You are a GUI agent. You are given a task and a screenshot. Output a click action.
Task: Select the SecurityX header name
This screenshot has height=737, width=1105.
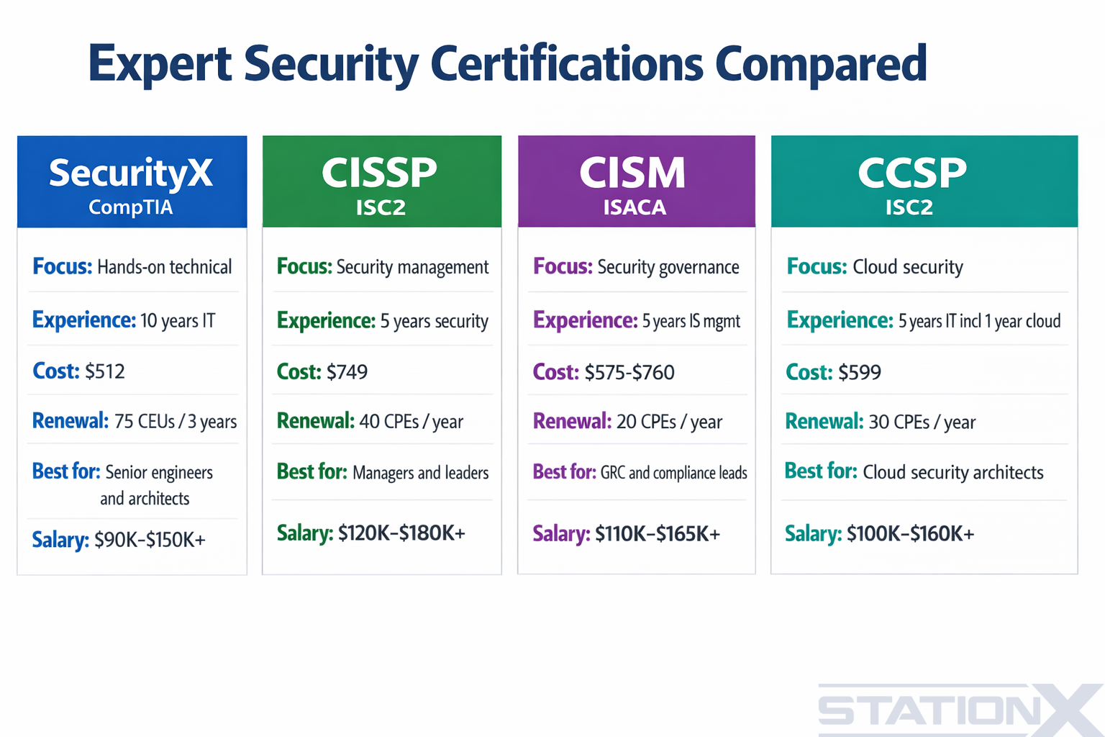pos(131,173)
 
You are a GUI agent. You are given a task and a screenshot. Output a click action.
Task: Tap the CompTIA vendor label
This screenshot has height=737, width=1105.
pos(131,207)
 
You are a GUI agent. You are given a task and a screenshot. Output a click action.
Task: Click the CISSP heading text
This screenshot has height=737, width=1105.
pos(379,173)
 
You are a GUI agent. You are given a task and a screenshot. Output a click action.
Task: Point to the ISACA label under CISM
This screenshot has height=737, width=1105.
pos(635,207)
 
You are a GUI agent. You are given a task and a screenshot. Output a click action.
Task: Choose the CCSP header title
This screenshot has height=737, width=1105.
pos(912,173)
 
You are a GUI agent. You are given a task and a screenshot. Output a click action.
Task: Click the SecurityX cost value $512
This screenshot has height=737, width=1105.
pos(105,371)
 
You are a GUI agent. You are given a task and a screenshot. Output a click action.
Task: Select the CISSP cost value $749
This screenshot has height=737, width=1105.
pos(347,372)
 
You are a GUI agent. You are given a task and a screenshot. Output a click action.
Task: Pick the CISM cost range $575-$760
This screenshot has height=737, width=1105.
pos(629,372)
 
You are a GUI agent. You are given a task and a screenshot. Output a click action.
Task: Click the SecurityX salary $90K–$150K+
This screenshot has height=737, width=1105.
pos(150,540)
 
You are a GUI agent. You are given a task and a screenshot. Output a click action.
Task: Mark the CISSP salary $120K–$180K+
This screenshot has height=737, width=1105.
pos(401,533)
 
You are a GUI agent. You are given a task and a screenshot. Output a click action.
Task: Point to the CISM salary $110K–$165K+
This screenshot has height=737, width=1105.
pos(657,534)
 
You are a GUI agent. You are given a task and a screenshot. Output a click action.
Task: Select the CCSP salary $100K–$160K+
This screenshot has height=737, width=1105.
pos(910,534)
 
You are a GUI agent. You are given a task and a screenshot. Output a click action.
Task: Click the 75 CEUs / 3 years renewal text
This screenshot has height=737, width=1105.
pos(176,422)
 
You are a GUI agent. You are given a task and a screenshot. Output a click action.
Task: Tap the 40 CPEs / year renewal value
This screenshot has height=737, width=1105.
pos(411,422)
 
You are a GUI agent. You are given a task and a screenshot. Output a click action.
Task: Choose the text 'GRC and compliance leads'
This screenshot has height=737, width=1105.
pos(673,473)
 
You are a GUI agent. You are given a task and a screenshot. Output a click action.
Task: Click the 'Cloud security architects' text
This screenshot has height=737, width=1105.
pos(952,472)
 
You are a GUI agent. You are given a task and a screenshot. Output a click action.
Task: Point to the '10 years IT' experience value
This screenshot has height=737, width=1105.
pos(178,321)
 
